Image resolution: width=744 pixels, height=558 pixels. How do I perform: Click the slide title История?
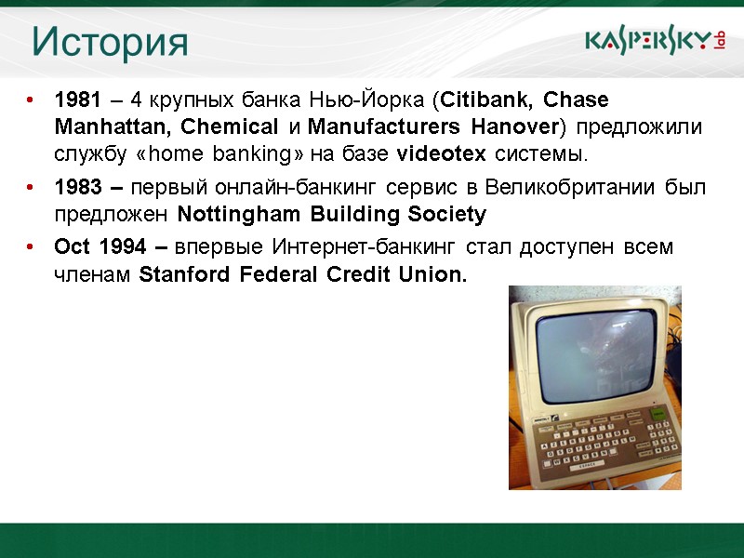point(110,42)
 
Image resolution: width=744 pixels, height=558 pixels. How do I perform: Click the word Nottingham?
point(229,216)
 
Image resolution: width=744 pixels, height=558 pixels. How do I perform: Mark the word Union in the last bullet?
point(433,276)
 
